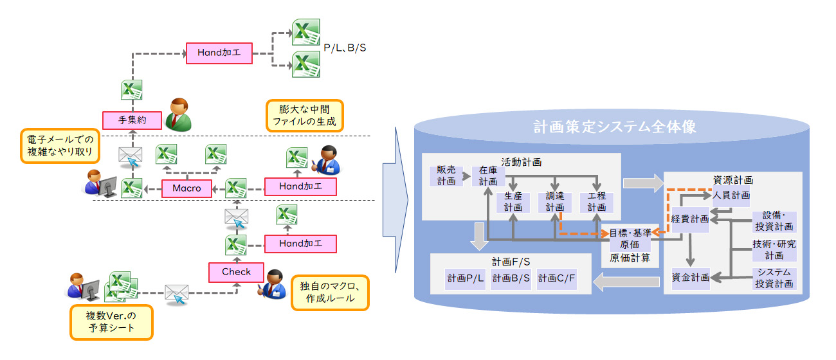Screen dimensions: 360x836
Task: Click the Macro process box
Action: point(186,188)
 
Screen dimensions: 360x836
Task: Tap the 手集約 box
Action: point(131,119)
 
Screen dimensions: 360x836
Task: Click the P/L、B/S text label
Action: point(345,48)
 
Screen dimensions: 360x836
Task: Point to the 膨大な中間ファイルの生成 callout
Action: point(304,116)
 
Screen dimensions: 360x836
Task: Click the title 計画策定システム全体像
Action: point(615,127)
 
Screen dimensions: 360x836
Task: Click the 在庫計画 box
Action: point(488,175)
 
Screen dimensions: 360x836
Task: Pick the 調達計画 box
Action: point(554,202)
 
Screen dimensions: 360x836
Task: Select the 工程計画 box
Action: point(596,202)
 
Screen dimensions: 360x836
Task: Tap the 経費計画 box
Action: point(690,219)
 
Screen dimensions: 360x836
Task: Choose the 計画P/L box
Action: point(466,278)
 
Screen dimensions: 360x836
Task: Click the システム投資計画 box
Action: point(774,278)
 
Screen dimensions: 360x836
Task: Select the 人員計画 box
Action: point(731,194)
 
